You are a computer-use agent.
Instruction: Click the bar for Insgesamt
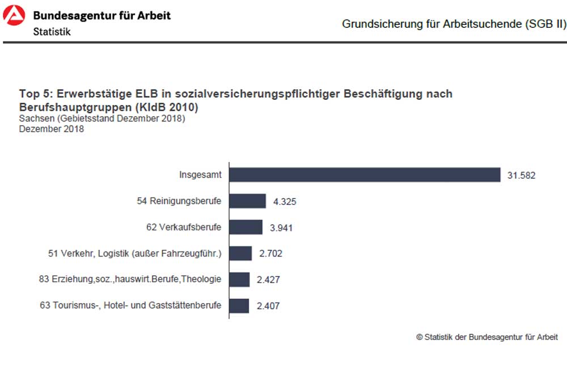[x=365, y=175]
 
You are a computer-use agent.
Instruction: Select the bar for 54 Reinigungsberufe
[x=247, y=201]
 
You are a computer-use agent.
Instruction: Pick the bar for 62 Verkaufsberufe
[x=246, y=227]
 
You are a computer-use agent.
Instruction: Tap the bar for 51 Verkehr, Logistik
[x=240, y=253]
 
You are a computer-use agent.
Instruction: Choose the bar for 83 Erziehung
[x=239, y=279]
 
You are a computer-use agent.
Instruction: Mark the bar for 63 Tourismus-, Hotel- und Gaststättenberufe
[x=239, y=305]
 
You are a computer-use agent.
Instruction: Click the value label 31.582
[x=521, y=175]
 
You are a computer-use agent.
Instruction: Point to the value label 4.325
[x=285, y=201]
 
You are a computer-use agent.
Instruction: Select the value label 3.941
[x=281, y=228]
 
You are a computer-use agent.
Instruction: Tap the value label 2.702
[x=270, y=254]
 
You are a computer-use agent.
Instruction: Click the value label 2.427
[x=268, y=280]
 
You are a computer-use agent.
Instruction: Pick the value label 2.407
[x=268, y=306]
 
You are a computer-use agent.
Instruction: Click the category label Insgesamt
[x=200, y=175]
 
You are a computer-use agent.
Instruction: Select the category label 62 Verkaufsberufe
[x=184, y=227]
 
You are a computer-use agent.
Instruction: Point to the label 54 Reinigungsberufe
[x=179, y=201]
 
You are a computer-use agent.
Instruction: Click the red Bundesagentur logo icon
[x=14, y=15]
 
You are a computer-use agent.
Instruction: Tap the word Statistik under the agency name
[x=52, y=32]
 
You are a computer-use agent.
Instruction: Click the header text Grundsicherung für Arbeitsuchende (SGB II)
[x=454, y=24]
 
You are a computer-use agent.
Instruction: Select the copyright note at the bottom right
[x=487, y=337]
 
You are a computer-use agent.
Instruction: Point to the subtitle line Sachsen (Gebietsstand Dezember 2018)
[x=102, y=119]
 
